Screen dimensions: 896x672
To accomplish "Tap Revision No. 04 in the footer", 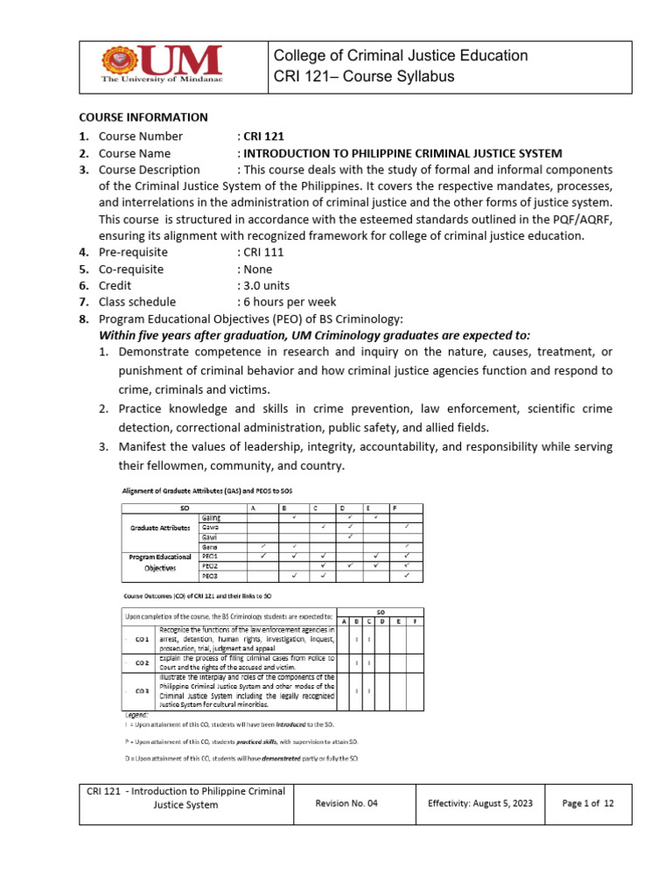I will (x=348, y=803).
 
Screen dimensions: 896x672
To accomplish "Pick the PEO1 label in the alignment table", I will (x=211, y=556).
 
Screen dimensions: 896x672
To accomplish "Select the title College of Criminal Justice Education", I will (x=401, y=56).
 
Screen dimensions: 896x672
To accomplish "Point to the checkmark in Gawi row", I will (x=349, y=536).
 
